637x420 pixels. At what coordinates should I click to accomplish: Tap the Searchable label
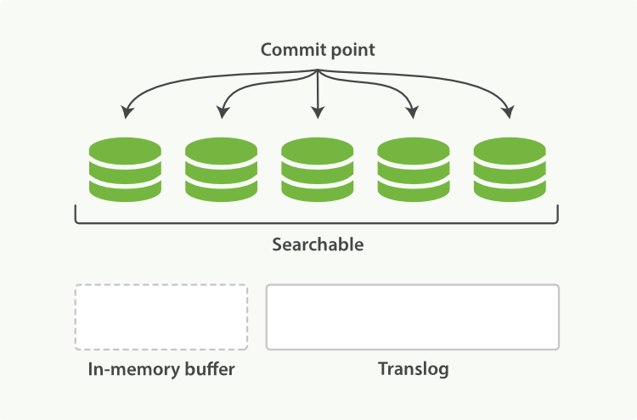pyautogui.click(x=318, y=244)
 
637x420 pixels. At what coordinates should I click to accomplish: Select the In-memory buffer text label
pyautogui.click(x=161, y=369)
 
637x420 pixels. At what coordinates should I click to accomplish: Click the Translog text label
pyautogui.click(x=413, y=369)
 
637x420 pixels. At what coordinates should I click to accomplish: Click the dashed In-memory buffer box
pyautogui.click(x=161, y=316)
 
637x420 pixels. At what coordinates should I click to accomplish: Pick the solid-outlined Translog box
pyautogui.click(x=413, y=316)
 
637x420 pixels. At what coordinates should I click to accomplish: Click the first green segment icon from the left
pyautogui.click(x=125, y=170)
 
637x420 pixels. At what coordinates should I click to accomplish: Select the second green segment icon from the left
pyautogui.click(x=221, y=170)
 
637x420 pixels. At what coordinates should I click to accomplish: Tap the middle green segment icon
pyautogui.click(x=318, y=170)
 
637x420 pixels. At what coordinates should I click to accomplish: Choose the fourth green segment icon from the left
pyautogui.click(x=414, y=170)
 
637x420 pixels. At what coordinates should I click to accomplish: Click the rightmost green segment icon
pyautogui.click(x=510, y=170)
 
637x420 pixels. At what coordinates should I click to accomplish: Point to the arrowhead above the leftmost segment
pyautogui.click(x=127, y=112)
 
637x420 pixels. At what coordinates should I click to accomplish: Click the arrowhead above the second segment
pyautogui.click(x=223, y=112)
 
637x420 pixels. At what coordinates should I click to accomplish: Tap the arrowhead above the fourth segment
pyautogui.click(x=413, y=112)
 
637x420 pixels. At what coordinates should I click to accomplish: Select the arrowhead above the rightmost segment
pyautogui.click(x=509, y=112)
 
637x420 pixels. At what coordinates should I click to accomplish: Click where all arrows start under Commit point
pyautogui.click(x=318, y=70)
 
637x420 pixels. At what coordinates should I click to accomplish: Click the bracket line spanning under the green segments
pyautogui.click(x=318, y=224)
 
